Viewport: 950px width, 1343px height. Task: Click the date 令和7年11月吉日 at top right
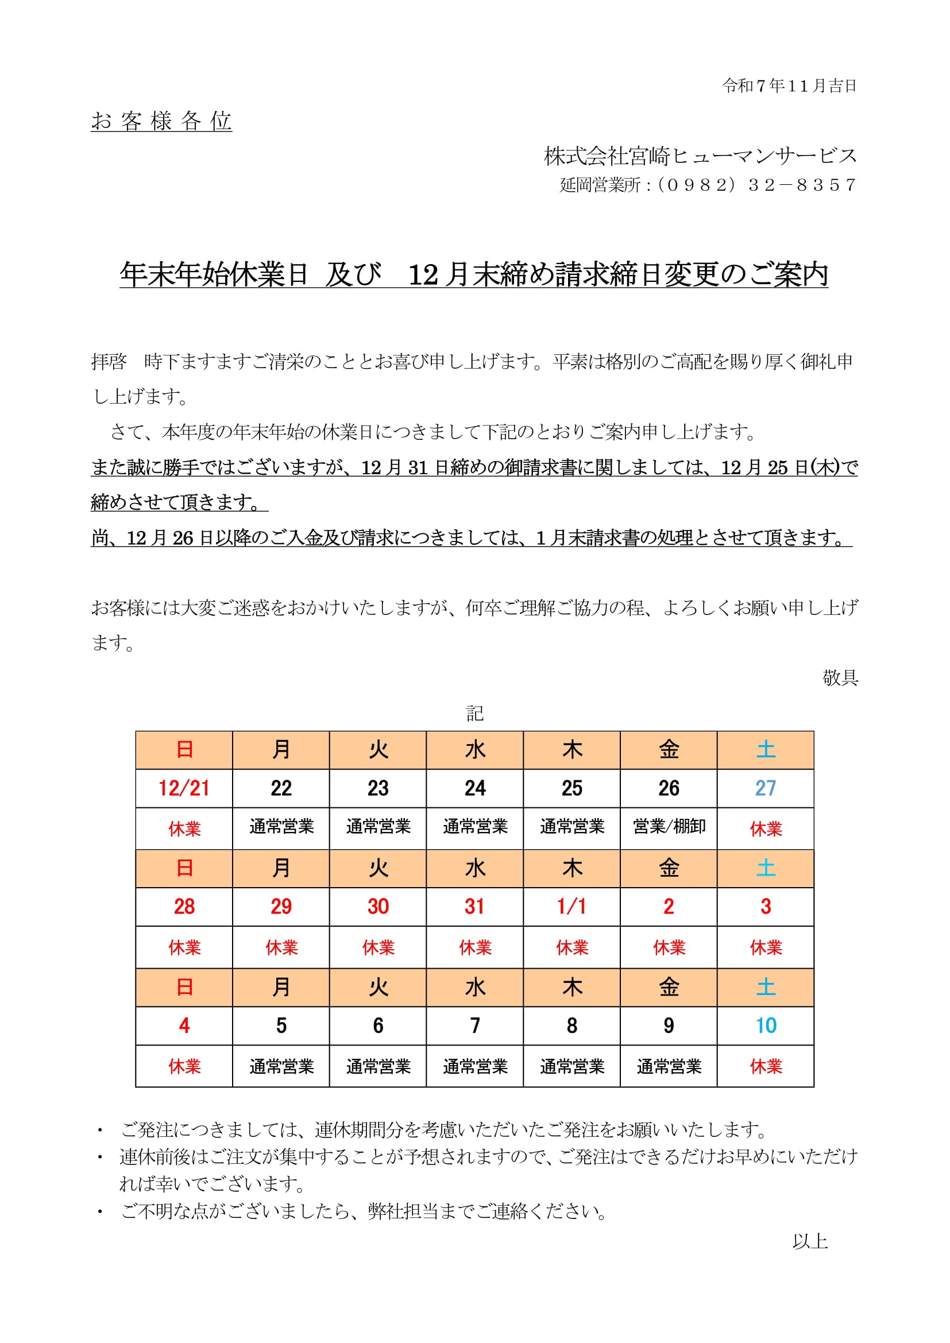(789, 86)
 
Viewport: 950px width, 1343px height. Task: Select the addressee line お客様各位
(161, 121)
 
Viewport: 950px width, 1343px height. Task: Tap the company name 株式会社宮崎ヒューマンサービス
(700, 156)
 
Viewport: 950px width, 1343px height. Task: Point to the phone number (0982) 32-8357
(755, 185)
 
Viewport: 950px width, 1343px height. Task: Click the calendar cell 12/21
(184, 788)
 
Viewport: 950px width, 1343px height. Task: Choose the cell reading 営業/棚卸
(669, 826)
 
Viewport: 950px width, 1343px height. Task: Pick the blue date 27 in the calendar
(765, 788)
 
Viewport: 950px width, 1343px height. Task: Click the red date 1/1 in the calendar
(571, 906)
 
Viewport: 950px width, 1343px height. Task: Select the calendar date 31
(474, 906)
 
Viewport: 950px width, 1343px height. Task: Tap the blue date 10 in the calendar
(765, 1025)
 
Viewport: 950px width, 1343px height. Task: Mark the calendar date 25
(571, 788)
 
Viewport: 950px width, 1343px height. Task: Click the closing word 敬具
(840, 678)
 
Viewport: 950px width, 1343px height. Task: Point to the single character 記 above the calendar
(474, 713)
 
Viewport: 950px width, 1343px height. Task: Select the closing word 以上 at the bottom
(810, 1241)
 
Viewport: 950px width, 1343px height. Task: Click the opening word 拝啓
(109, 362)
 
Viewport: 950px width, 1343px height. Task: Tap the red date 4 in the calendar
(184, 1025)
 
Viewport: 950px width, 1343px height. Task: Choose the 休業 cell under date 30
(378, 947)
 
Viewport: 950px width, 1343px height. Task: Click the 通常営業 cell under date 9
(669, 1066)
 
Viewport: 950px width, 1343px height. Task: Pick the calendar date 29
(281, 906)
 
